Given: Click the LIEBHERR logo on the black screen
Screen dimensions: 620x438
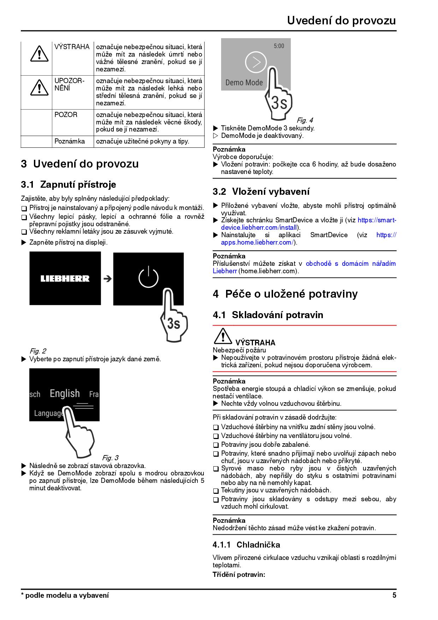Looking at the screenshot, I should [x=65, y=279].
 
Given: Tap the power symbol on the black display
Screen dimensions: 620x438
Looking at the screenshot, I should [x=148, y=277].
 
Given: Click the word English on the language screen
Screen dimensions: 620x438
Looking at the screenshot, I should [x=65, y=393].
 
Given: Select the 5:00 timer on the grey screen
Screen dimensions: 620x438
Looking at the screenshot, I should [x=279, y=46].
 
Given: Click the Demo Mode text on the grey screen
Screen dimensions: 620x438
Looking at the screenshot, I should [x=244, y=83].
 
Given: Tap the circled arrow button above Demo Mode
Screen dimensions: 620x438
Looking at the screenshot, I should [x=256, y=63].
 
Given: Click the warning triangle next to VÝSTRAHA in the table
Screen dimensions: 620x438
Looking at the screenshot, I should [x=39, y=54].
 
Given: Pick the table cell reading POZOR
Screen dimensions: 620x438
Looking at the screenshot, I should [x=66, y=115].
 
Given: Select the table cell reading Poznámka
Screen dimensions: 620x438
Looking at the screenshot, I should [x=70, y=141].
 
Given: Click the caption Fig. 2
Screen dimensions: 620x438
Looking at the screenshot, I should [x=38, y=351].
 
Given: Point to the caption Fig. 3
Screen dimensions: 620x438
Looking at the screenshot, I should [x=110, y=458].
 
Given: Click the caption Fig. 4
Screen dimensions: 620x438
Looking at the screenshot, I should [x=305, y=120].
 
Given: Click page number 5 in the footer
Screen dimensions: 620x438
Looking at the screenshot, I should [x=394, y=595].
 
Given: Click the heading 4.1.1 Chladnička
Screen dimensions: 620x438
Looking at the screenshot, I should [x=246, y=545].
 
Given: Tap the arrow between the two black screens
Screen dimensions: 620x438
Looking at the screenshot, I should [x=107, y=279].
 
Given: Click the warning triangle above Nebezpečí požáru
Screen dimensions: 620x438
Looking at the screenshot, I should [x=223, y=336].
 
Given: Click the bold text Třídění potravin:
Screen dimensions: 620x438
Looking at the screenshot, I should [x=239, y=574].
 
